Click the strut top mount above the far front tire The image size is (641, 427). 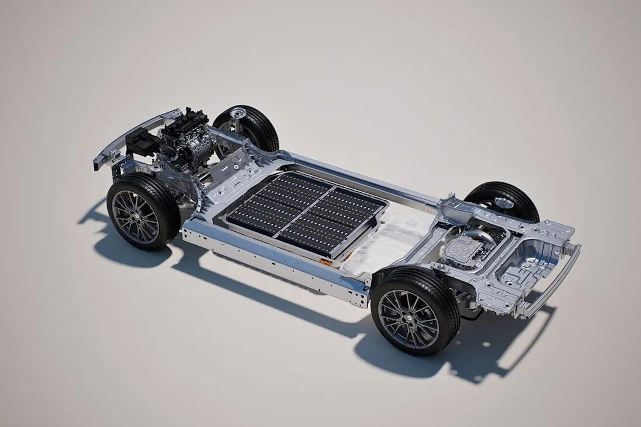click(x=237, y=112)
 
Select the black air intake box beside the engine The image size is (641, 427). click(x=139, y=141)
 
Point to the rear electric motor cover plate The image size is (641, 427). click(x=463, y=250)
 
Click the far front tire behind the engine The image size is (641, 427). click(x=256, y=125)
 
